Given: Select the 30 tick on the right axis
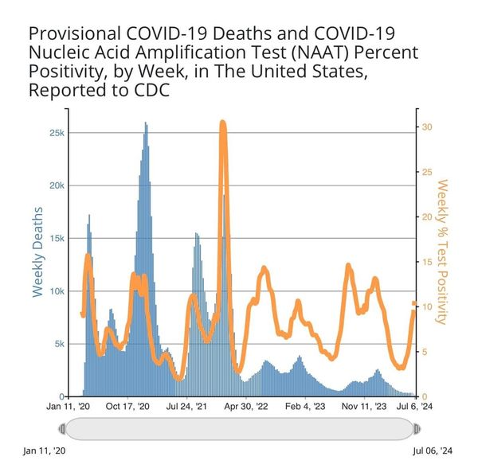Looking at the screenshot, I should point(427,127).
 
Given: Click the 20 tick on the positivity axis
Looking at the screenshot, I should point(427,217).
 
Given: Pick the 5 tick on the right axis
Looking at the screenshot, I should point(425,352).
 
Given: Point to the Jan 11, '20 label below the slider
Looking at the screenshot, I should point(45,451).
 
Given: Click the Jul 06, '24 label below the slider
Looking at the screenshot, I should point(433,451).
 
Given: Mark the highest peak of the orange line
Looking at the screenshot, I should point(223,123).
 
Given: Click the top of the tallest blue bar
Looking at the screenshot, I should point(145,123).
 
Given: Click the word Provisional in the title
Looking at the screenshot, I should point(73,36).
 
